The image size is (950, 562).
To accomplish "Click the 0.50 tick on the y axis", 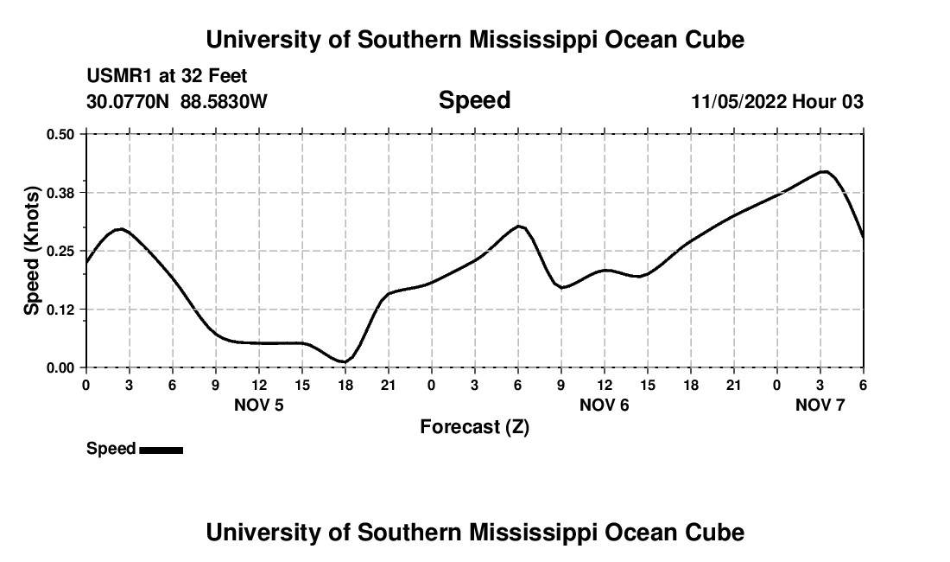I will pyautogui.click(x=61, y=134).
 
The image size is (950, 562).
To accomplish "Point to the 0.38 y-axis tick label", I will pyautogui.click(x=61, y=192).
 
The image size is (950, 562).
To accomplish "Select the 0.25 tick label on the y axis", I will pyautogui.click(x=61, y=251).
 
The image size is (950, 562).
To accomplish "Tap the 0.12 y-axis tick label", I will pyautogui.click(x=61, y=310).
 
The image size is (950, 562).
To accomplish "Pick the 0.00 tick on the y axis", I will pyautogui.click(x=61, y=368).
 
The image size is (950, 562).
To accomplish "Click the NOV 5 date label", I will pyautogui.click(x=259, y=405).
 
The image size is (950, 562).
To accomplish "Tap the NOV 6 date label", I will pyautogui.click(x=604, y=405).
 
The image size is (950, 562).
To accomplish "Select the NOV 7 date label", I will pyautogui.click(x=820, y=405).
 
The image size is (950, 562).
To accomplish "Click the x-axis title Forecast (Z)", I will pyautogui.click(x=474, y=427).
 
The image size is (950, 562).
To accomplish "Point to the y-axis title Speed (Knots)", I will pyautogui.click(x=32, y=251).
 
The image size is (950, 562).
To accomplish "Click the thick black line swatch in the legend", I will pyautogui.click(x=161, y=450).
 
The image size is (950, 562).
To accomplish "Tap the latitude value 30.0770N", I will pyautogui.click(x=129, y=102).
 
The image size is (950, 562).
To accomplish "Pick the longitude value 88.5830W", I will pyautogui.click(x=224, y=102).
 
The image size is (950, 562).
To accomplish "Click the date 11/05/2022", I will pyautogui.click(x=738, y=102).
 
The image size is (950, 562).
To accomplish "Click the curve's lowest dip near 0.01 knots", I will pyautogui.click(x=345, y=361).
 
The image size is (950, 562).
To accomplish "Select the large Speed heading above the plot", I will pyautogui.click(x=474, y=100).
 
